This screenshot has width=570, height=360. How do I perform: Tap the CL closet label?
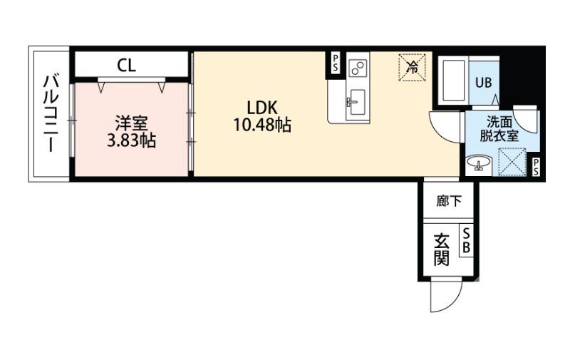coord(127,66)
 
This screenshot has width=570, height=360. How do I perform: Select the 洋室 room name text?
coord(131,123)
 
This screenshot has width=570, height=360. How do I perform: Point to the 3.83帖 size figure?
coord(131,140)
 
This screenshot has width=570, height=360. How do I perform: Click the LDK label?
coord(261,108)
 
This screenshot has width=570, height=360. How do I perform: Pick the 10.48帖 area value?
coord(261,126)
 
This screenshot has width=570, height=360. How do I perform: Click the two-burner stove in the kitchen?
coord(358,68)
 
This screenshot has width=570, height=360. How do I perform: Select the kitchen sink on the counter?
coord(356,101)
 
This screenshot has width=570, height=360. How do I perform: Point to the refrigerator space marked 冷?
coord(412,67)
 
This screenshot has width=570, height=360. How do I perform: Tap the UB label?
coord(484,82)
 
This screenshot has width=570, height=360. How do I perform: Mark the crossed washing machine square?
coord(512,160)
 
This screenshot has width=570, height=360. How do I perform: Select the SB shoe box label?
coord(467,241)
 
